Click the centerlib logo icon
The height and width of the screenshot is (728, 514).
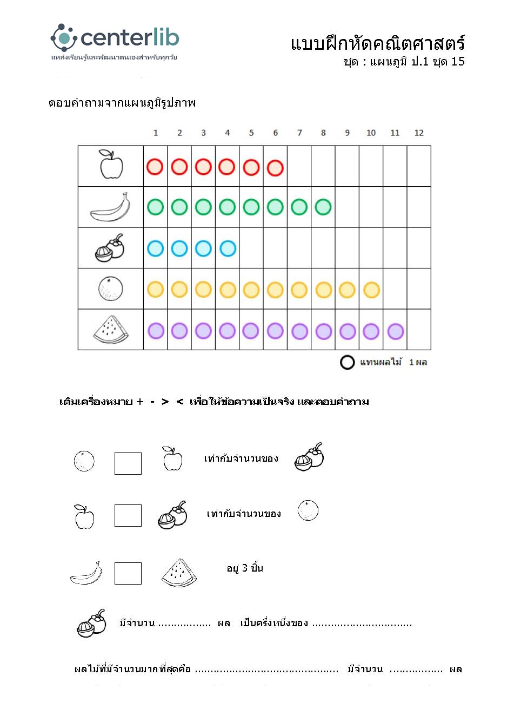[x=64, y=37]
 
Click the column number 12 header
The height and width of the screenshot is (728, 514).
[x=419, y=133]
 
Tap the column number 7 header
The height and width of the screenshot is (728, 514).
[x=299, y=133]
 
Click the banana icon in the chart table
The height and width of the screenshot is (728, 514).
[x=110, y=208]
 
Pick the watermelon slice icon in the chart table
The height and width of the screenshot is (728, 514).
[x=110, y=330]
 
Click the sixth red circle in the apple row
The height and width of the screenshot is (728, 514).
[x=275, y=167]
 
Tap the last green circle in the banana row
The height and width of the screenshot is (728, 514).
[x=323, y=207]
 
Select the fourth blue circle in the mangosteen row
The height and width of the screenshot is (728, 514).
[x=228, y=248]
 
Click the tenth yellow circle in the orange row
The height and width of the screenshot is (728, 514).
[x=371, y=290]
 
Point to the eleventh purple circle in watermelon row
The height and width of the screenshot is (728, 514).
[x=395, y=331]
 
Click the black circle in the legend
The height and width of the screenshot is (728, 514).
[x=347, y=362]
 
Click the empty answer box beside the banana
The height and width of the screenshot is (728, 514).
[x=128, y=573]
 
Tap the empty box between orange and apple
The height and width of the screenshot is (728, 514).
[x=128, y=463]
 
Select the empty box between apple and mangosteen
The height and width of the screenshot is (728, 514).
[x=128, y=515]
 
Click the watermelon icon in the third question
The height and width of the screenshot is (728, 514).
[x=179, y=573]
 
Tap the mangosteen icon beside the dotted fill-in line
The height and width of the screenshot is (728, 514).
[x=91, y=624]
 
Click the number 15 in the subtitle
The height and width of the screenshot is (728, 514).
[x=458, y=61]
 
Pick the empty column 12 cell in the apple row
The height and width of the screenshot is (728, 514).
[x=419, y=166]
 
